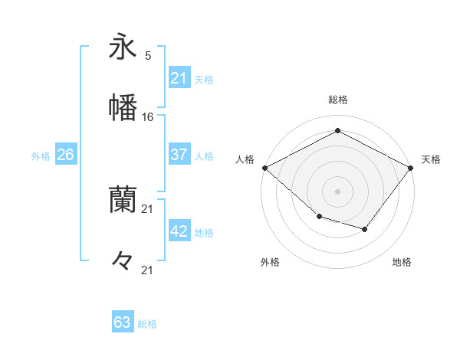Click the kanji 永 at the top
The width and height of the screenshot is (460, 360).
(123, 47)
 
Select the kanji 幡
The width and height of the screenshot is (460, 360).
(123, 106)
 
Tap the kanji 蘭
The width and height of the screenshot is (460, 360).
(123, 201)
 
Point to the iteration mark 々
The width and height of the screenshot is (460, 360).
(123, 260)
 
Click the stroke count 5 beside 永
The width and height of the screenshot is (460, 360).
(148, 56)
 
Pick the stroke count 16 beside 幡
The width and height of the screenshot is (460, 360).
(148, 116)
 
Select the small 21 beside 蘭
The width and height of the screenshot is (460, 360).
(148, 209)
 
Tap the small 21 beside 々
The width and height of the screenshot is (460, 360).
(148, 269)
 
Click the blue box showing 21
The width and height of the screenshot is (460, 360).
(179, 78)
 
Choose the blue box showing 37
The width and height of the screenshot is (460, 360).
(179, 155)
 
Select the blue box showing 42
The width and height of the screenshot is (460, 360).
(179, 232)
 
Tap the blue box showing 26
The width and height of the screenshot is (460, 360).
(65, 155)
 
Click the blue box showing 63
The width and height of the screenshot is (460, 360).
(123, 322)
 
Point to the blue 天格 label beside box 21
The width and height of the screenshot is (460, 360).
(204, 79)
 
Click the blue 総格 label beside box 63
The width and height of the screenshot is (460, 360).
(147, 324)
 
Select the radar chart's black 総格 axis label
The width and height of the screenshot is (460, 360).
(337, 100)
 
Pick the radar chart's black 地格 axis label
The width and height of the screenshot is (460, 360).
(402, 262)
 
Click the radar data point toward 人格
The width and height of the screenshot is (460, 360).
(264, 167)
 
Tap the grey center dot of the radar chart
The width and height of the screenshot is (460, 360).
(337, 191)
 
